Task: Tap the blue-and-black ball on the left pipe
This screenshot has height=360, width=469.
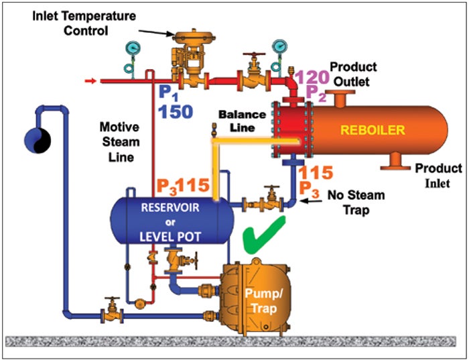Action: coord(36,137)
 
